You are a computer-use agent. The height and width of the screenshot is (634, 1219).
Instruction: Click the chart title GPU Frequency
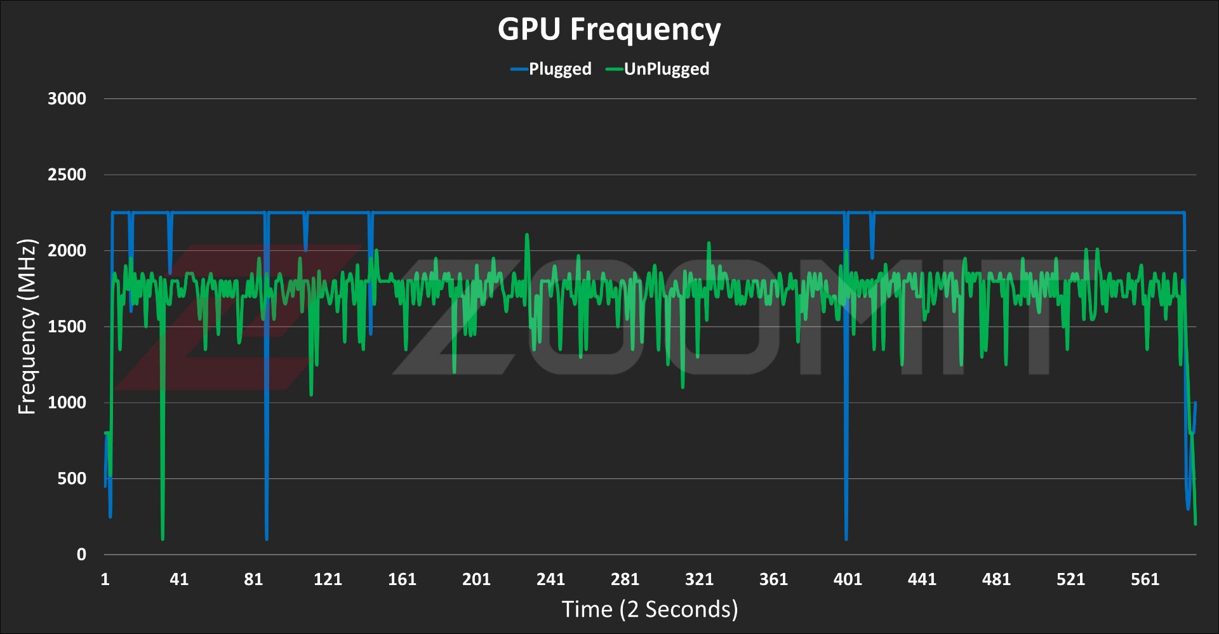click(x=609, y=29)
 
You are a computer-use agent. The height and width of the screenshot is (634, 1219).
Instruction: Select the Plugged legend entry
click(x=551, y=69)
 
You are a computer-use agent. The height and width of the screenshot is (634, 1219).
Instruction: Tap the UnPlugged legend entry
click(x=658, y=69)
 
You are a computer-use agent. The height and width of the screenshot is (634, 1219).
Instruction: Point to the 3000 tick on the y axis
click(x=67, y=98)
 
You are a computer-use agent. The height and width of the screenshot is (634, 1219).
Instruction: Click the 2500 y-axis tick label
click(x=67, y=175)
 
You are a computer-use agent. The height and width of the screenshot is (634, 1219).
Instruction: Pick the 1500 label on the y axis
click(x=67, y=327)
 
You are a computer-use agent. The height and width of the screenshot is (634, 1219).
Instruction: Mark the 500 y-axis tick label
click(x=72, y=478)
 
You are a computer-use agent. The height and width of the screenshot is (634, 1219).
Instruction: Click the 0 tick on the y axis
click(x=81, y=555)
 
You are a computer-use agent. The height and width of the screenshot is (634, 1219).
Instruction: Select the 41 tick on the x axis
click(x=179, y=579)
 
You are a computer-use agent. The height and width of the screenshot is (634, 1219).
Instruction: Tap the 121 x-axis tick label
click(x=328, y=579)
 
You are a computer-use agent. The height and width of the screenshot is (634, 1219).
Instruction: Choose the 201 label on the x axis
click(x=476, y=579)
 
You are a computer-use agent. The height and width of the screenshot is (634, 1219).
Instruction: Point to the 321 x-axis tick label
click(x=699, y=579)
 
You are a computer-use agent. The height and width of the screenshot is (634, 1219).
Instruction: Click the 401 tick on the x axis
click(x=848, y=579)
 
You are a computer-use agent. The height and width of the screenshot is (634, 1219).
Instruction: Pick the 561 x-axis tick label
click(x=1145, y=579)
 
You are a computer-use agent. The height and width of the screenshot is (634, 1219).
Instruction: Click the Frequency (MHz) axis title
click(x=27, y=327)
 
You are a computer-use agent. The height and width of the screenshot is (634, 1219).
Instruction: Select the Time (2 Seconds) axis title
click(x=650, y=609)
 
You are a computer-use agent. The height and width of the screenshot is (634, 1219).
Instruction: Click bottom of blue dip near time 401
click(x=846, y=539)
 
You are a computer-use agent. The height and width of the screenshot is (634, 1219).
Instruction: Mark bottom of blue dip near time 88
click(x=267, y=539)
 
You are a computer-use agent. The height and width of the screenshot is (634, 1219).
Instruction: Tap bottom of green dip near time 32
click(x=163, y=539)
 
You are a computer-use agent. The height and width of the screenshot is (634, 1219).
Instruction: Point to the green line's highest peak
click(x=527, y=235)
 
